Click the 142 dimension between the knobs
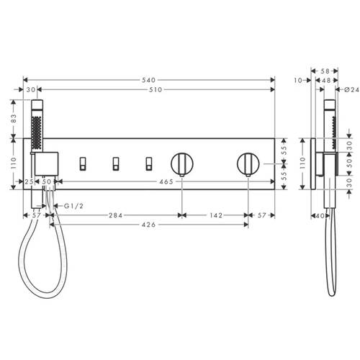coord(214,215)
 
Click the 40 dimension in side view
coord(319,215)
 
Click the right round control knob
coord(248,163)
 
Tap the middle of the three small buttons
coord(115,163)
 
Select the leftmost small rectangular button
coord(83,163)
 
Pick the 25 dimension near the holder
coord(30,183)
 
